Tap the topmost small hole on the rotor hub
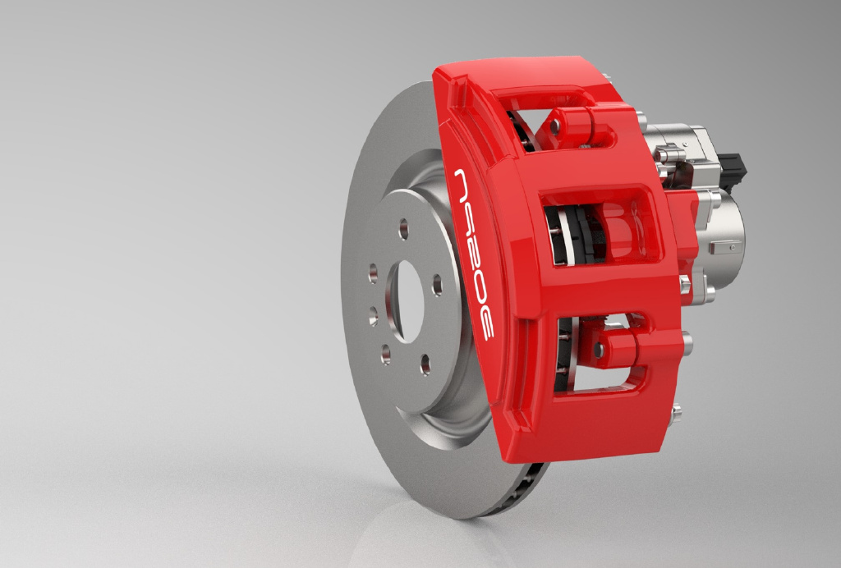point(404,229)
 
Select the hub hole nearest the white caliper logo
point(437,285)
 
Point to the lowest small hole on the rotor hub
point(425,364)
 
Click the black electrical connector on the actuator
point(733,171)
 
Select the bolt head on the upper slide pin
point(556,126)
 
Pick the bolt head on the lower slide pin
point(599,350)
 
